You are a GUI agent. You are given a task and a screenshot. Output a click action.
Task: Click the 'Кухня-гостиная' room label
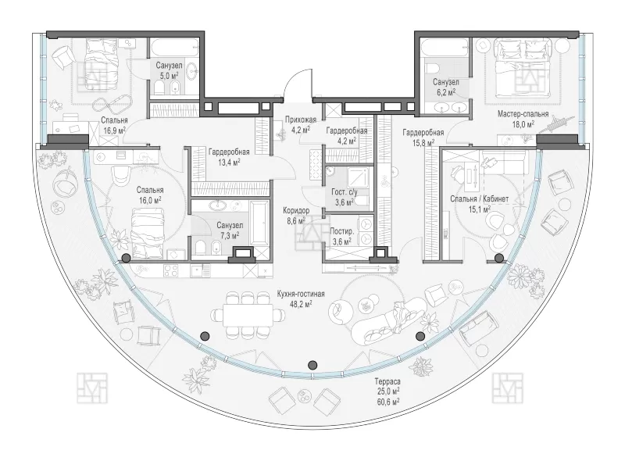(301, 294)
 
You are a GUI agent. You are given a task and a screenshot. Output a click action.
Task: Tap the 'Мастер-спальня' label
(523, 114)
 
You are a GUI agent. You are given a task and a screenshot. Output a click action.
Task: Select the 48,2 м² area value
(300, 303)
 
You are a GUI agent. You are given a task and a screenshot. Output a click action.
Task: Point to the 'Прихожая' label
(301, 120)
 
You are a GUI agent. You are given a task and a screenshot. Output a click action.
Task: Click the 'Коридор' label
(296, 210)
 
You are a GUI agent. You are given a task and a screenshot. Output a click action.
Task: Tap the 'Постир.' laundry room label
(342, 232)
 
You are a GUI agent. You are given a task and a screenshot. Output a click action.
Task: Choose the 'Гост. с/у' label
(345, 192)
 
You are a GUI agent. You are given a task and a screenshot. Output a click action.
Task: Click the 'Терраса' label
(387, 381)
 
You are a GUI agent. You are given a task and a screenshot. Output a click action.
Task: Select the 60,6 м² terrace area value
(387, 402)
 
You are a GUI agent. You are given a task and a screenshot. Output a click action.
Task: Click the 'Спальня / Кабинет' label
(479, 198)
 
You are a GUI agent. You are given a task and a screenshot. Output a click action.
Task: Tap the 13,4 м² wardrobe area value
(228, 162)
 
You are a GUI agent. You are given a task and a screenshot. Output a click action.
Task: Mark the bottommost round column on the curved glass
(313, 364)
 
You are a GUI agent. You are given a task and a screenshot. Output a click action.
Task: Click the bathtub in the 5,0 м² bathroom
(173, 48)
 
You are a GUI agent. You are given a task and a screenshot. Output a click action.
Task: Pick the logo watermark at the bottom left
(92, 388)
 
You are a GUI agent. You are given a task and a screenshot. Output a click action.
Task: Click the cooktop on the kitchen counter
(171, 271)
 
